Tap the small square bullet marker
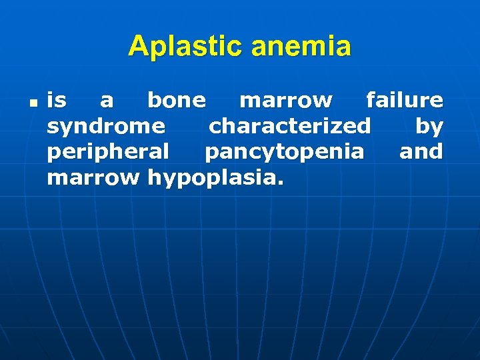pyautogui.click(x=32, y=104)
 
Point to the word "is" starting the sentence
pyautogui.click(x=57, y=101)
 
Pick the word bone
pyautogui.click(x=177, y=101)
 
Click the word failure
pyautogui.click(x=405, y=101)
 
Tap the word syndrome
pyautogui.click(x=106, y=127)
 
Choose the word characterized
pyautogui.click(x=290, y=126)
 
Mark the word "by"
pyautogui.click(x=429, y=127)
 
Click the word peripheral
pyautogui.click(x=108, y=153)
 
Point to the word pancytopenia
pyautogui.click(x=285, y=153)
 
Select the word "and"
pyautogui.click(x=421, y=152)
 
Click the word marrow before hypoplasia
pyautogui.click(x=93, y=178)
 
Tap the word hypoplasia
pyautogui.click(x=212, y=179)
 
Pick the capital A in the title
pyautogui.click(x=138, y=47)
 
